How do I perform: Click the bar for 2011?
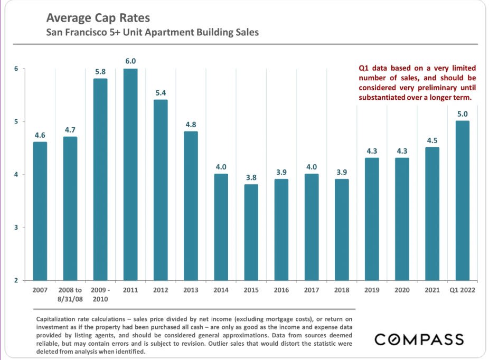pyautogui.click(x=130, y=174)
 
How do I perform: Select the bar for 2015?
pyautogui.click(x=251, y=232)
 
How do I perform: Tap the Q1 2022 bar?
pyautogui.click(x=462, y=201)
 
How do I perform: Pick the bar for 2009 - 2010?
pyautogui.click(x=100, y=179)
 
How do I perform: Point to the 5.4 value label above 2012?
pyautogui.click(x=161, y=92)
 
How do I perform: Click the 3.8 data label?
pyautogui.click(x=251, y=177)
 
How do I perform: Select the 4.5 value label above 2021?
pyautogui.click(x=432, y=140)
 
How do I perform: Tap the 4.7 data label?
pyautogui.click(x=70, y=129)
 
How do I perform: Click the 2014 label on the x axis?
pyautogui.click(x=221, y=290)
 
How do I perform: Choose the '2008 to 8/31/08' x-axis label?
pyautogui.click(x=70, y=294)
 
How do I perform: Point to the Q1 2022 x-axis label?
pyautogui.click(x=462, y=290)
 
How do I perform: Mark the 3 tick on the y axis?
pyautogui.click(x=16, y=228)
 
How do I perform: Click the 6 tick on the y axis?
pyautogui.click(x=16, y=69)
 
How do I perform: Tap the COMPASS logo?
pyautogui.click(x=419, y=339)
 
